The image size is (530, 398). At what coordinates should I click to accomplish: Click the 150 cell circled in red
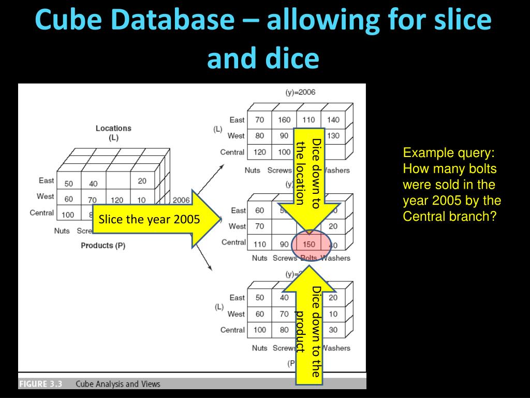(x=309, y=244)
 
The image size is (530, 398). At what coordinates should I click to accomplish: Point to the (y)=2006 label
(x=300, y=92)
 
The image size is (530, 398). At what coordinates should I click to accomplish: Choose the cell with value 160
(x=284, y=120)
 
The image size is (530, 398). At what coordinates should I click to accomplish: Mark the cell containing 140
(x=333, y=120)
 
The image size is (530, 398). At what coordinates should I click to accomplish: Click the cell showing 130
(x=333, y=136)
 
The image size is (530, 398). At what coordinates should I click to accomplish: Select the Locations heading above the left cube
(x=113, y=129)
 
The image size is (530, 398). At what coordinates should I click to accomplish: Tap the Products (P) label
(x=103, y=246)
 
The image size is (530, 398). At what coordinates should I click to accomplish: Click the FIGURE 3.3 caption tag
(x=41, y=384)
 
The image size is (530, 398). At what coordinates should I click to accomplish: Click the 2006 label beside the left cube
(x=181, y=200)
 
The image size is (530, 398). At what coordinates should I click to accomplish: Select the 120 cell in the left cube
(x=117, y=200)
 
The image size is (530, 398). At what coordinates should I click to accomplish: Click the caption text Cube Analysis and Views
(x=118, y=384)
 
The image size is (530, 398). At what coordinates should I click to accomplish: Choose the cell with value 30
(x=333, y=330)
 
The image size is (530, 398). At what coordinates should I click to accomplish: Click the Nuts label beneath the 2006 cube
(x=253, y=170)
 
